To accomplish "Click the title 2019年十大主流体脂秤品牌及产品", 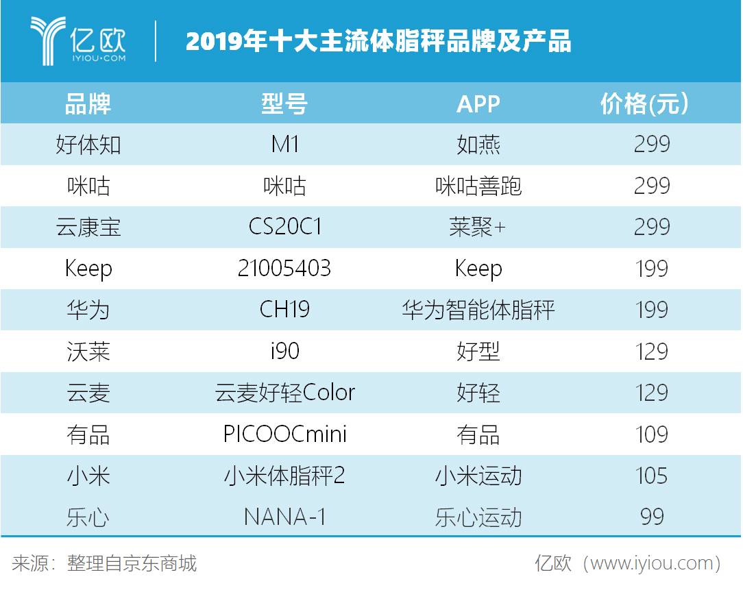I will click(378, 41).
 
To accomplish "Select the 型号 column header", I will click(284, 103).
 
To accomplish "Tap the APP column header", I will click(478, 103).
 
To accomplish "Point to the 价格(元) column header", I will click(644, 103).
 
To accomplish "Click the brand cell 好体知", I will click(88, 145).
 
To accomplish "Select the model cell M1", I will click(284, 145).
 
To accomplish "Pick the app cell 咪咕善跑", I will click(478, 186).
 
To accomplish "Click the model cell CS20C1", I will click(284, 227).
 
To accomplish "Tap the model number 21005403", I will click(284, 269).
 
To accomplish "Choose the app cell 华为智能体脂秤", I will click(478, 310).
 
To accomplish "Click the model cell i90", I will click(284, 352).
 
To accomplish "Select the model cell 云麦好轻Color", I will click(284, 393).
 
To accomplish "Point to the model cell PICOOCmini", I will click(284, 434).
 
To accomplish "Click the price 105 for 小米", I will click(651, 476).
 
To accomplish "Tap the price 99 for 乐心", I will click(651, 517).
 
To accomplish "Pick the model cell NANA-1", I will click(284, 517).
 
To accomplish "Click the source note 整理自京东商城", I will click(132, 563).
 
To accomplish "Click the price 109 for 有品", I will click(651, 434).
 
